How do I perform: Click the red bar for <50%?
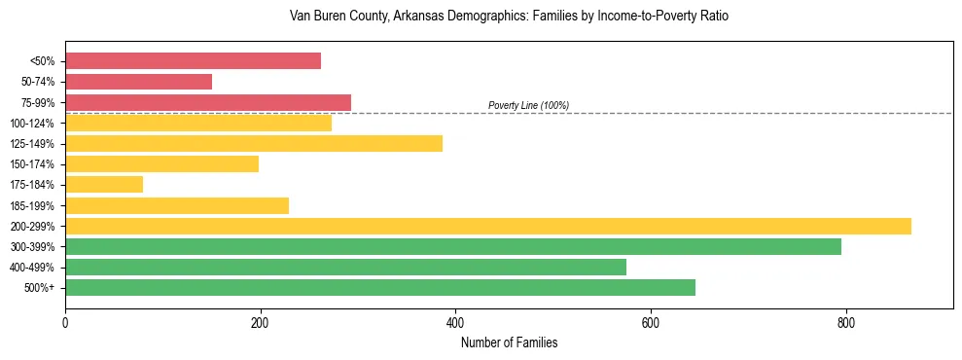click(x=193, y=61)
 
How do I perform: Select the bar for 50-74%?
click(x=138, y=82)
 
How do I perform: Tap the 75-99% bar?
click(x=208, y=102)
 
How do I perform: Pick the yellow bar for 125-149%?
click(x=254, y=143)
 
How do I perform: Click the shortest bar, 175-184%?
click(x=104, y=184)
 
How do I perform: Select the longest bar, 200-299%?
click(x=488, y=226)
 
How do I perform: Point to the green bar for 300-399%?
click(x=453, y=246)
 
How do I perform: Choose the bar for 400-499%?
click(x=345, y=267)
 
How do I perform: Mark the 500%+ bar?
click(x=380, y=287)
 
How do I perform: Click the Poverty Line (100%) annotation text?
click(x=528, y=105)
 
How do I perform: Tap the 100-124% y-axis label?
click(x=33, y=124)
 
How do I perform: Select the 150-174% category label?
click(x=33, y=164)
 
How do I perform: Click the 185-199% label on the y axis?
click(x=33, y=205)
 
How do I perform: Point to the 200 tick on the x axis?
click(x=260, y=322)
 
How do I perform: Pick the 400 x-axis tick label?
click(x=455, y=322)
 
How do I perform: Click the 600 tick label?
click(x=651, y=322)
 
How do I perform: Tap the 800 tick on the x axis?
click(x=845, y=322)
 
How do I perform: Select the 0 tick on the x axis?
click(x=65, y=322)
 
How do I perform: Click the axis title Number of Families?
click(x=509, y=342)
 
